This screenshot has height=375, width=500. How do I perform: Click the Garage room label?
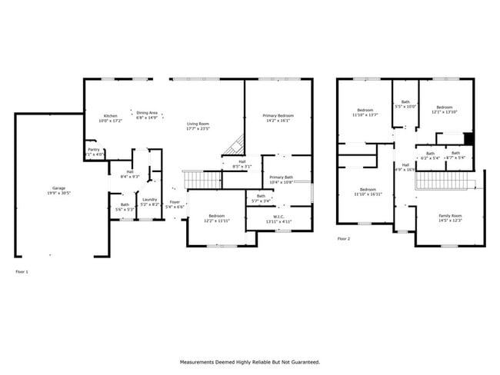click(x=58, y=188)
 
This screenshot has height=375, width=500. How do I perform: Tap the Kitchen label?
click(x=111, y=116)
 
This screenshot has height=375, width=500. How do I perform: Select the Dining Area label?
click(x=147, y=114)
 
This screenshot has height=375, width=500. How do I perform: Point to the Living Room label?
click(x=198, y=124)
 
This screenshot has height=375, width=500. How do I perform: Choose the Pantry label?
click(x=93, y=150)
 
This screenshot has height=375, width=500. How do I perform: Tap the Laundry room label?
click(x=149, y=199)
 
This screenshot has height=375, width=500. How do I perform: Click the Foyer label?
click(x=175, y=204)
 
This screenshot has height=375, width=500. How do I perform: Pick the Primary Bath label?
click(x=282, y=178)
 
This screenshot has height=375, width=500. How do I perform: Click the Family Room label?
click(x=450, y=216)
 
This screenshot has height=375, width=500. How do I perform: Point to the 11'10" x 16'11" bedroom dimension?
click(x=368, y=194)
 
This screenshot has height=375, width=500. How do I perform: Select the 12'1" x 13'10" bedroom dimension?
click(x=444, y=111)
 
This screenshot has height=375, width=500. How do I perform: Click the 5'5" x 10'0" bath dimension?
click(x=405, y=107)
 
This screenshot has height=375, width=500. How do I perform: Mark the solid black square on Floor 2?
click(x=468, y=138)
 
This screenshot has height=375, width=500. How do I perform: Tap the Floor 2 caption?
click(x=343, y=239)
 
